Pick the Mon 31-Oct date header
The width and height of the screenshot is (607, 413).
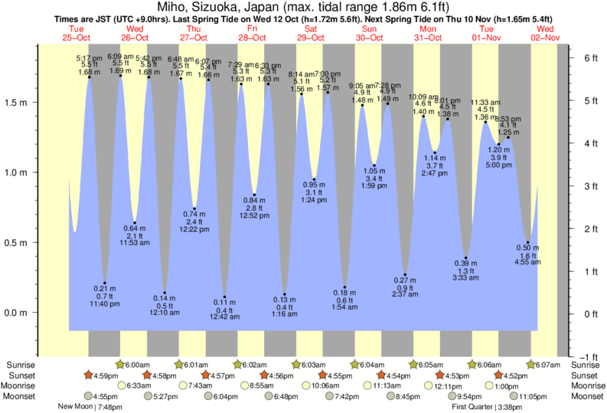(428, 33)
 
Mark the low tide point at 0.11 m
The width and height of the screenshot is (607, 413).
(224, 297)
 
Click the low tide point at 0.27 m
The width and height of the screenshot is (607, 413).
(405, 274)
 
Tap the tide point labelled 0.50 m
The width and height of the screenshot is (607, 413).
(527, 243)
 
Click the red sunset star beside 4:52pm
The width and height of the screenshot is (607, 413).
(499, 375)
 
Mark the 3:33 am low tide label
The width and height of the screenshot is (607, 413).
(465, 277)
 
